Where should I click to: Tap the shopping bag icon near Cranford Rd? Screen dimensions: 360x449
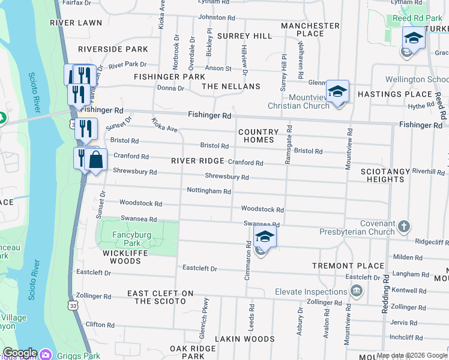pyautogui.click(x=95, y=160)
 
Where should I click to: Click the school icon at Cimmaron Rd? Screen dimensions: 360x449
pyautogui.click(x=265, y=237)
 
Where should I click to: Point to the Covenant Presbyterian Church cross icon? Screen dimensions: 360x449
pyautogui.click(x=404, y=226)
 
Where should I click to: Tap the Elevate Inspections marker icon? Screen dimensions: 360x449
pyautogui.click(x=357, y=292)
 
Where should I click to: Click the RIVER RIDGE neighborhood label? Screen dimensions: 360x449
pyautogui.click(x=197, y=161)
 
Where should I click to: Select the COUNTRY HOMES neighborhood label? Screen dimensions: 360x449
pyautogui.click(x=258, y=136)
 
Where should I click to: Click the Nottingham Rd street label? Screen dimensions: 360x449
pyautogui.click(x=209, y=191)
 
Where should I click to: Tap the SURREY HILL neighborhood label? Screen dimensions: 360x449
pyautogui.click(x=244, y=36)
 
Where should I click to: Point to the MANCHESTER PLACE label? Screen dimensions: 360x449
pyautogui.click(x=310, y=29)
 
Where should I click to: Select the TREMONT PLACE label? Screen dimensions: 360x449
pyautogui.click(x=348, y=266)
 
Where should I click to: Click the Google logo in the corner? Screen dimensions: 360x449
pyautogui.click(x=19, y=353)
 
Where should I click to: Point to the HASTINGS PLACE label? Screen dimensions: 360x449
pyautogui.click(x=395, y=94)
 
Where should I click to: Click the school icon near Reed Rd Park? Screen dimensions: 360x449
pyautogui.click(x=414, y=38)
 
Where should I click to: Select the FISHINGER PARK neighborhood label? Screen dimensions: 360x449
pyautogui.click(x=169, y=77)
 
